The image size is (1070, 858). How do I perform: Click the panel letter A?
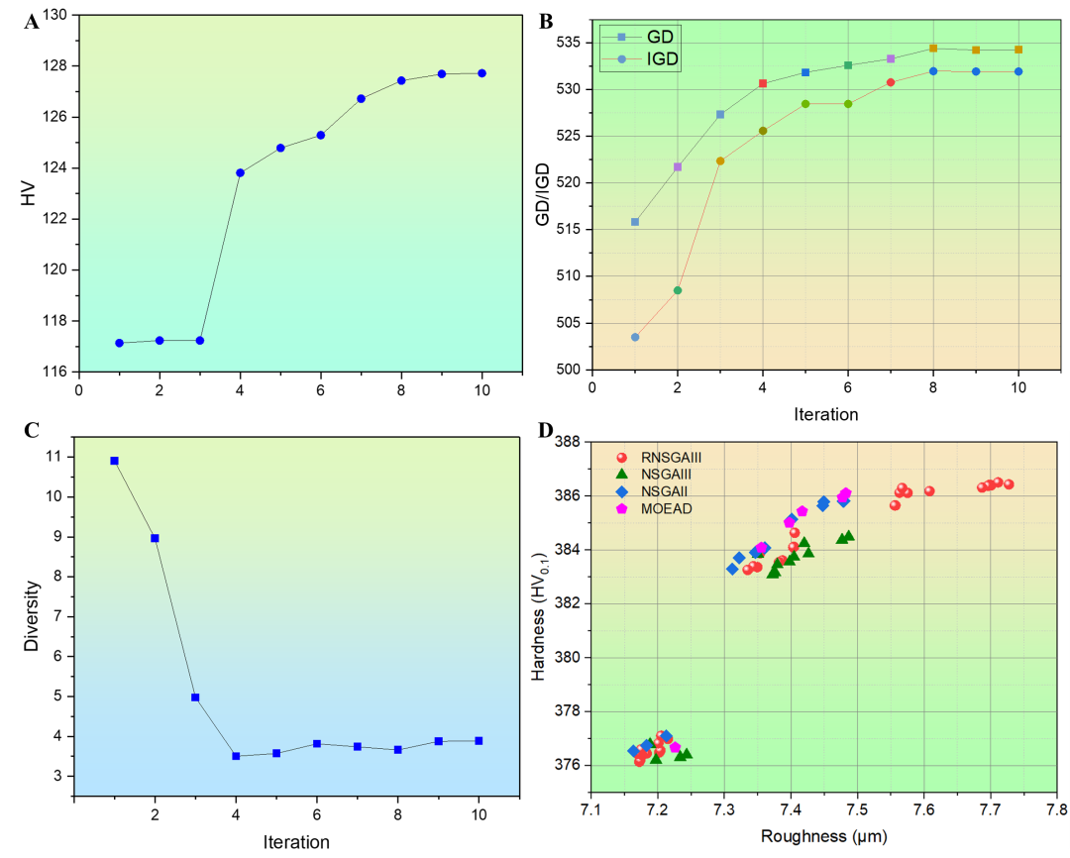[x=32, y=23]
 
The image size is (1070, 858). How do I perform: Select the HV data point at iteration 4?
[x=240, y=172]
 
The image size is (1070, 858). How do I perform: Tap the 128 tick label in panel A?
[x=55, y=65]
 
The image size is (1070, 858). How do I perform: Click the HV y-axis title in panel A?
[x=28, y=193]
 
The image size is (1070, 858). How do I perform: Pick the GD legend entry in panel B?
[x=639, y=37]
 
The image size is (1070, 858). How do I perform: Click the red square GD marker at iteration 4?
[x=763, y=83]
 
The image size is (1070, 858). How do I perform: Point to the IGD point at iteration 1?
[x=635, y=337]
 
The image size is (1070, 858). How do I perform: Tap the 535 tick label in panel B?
[x=568, y=43]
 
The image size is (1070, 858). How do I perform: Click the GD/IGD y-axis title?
[x=543, y=194]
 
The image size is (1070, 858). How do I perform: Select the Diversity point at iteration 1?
[x=115, y=461]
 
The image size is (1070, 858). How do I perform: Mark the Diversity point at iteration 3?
[x=195, y=697]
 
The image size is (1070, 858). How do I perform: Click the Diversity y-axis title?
[x=32, y=615]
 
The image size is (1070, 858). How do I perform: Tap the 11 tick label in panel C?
[x=53, y=456]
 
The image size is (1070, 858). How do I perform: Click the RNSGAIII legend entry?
[x=659, y=458]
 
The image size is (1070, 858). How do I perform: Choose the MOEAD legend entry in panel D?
[x=654, y=509]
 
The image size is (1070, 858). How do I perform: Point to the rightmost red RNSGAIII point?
[x=1009, y=484]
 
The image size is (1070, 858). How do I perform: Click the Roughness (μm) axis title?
[x=823, y=836]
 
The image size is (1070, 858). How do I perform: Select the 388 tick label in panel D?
[x=568, y=442]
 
